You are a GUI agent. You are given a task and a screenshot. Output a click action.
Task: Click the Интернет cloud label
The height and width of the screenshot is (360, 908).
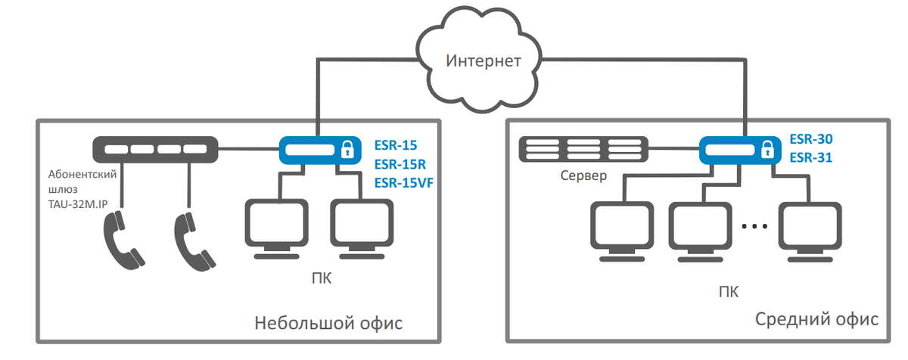click(x=484, y=61)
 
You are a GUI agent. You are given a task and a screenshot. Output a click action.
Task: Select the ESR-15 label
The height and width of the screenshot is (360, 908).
click(x=396, y=145)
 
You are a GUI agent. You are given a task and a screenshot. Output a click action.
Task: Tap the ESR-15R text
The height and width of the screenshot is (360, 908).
click(x=400, y=164)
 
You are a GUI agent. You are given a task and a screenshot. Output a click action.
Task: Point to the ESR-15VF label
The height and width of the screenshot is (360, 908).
click(x=404, y=182)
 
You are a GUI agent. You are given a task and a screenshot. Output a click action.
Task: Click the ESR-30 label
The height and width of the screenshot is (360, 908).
click(x=811, y=139)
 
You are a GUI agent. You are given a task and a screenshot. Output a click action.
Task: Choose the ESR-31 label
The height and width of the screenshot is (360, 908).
click(x=810, y=157)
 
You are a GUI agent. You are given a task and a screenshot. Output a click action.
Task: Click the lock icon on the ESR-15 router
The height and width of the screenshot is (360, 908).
click(x=347, y=150)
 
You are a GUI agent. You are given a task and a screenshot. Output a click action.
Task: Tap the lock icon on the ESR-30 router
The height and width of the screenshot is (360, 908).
click(x=767, y=150)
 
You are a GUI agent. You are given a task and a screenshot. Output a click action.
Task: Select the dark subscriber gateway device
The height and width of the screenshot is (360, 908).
click(x=155, y=150)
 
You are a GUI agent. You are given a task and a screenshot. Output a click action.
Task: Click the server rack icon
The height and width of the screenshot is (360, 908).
click(x=583, y=149)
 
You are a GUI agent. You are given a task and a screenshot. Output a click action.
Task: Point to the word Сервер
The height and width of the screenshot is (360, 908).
click(x=583, y=175)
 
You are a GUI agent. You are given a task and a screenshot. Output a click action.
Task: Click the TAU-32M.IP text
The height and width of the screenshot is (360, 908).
click(x=78, y=204)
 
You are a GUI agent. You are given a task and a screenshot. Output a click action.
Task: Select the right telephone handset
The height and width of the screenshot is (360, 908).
click(x=194, y=241)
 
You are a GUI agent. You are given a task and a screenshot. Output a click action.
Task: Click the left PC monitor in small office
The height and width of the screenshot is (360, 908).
click(x=276, y=228)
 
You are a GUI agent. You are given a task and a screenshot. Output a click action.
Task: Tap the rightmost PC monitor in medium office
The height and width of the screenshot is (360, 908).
click(x=810, y=231)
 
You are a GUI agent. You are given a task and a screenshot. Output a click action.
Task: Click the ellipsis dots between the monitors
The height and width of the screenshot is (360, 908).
click(x=754, y=226)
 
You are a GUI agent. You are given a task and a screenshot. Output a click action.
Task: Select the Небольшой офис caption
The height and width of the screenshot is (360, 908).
click(x=328, y=323)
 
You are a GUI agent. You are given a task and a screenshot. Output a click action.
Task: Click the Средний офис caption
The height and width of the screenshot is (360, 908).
click(x=816, y=319)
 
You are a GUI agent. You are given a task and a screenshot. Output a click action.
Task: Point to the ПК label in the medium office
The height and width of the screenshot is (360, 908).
click(x=729, y=292)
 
